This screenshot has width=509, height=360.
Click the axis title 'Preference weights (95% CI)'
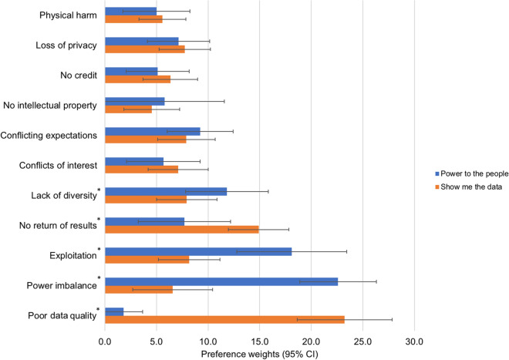259,354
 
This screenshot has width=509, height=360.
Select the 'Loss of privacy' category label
66,45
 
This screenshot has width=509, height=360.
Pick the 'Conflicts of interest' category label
57,164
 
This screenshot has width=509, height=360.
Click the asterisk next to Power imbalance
99,278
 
